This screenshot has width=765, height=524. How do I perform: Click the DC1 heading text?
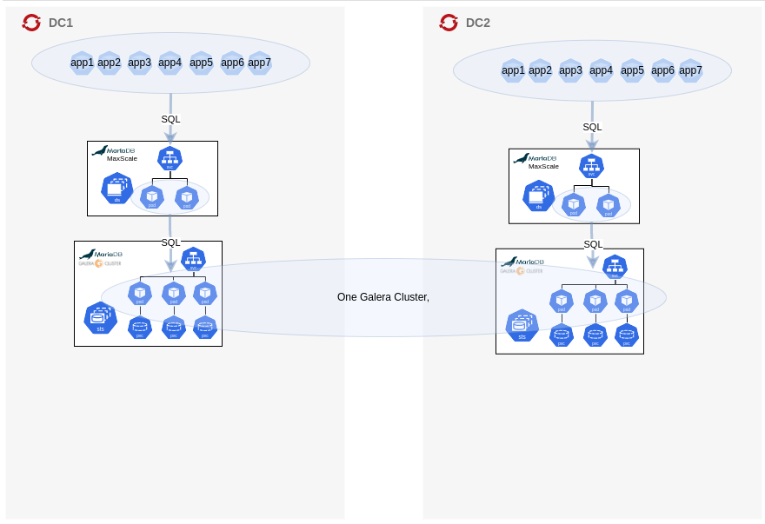[x=61, y=23]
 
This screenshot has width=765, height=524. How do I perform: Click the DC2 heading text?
[x=478, y=23]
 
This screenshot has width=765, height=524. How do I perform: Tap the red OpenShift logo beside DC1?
[x=31, y=23]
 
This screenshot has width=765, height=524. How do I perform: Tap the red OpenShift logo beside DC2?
[x=449, y=23]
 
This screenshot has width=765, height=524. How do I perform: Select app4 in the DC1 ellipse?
[x=170, y=63]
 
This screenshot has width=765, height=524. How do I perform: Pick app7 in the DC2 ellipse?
[x=690, y=70]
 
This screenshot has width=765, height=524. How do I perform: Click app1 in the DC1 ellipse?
[x=82, y=63]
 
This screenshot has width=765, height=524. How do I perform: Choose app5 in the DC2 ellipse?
[x=632, y=70]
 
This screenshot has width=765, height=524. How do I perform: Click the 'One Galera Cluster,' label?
[x=383, y=297]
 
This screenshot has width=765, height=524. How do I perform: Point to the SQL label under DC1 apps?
[x=170, y=119]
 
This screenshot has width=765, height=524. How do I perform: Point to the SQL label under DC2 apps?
[x=592, y=127]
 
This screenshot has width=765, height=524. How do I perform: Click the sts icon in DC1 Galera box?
[x=101, y=317]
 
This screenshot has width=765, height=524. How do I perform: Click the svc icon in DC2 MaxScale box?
[x=591, y=166]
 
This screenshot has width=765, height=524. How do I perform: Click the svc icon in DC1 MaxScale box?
[x=170, y=158]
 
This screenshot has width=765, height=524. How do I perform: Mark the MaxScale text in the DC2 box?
[x=543, y=167]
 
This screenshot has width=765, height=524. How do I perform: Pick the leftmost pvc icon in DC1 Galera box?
[x=140, y=328]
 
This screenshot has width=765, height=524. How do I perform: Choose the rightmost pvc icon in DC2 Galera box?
[x=627, y=335]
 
